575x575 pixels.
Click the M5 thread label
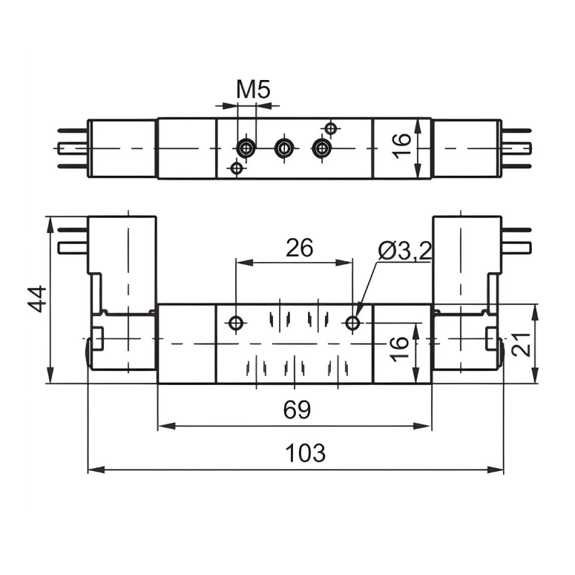[253, 91]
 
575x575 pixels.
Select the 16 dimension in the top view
[401, 146]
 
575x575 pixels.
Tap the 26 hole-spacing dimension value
[299, 248]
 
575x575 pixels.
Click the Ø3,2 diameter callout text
[404, 252]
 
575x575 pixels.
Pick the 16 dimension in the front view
[398, 344]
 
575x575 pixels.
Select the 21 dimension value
[522, 344]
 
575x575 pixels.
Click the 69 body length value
[297, 410]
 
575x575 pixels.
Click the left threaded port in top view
[245, 149]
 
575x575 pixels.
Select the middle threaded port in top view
[283, 149]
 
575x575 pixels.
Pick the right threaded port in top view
[321, 149]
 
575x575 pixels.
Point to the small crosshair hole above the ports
[331, 129]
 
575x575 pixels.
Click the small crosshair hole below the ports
[237, 168]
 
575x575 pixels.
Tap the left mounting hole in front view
[237, 323]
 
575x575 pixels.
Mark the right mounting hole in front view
[352, 323]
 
